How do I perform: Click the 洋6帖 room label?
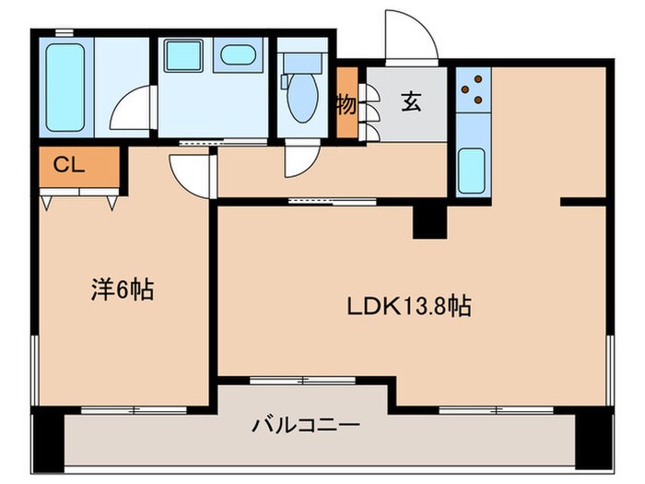(x=122, y=291)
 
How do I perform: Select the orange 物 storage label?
(x=346, y=104)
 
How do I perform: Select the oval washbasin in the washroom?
(x=237, y=54)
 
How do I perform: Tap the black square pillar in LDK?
(x=428, y=221)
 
